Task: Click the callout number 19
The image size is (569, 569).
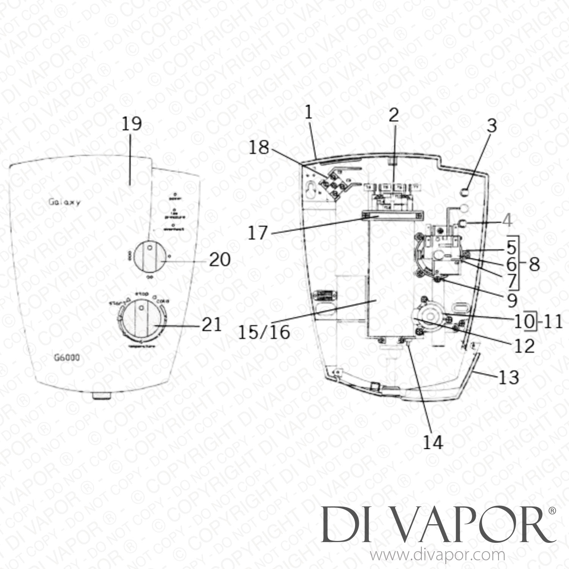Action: coord(131,124)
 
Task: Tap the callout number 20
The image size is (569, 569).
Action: coord(220,260)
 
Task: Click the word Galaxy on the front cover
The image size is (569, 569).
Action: coord(64,202)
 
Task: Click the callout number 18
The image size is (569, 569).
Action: coord(259,148)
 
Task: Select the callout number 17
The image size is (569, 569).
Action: coord(258,232)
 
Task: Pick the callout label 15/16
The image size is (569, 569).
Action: coord(264,332)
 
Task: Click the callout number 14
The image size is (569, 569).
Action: coord(433,442)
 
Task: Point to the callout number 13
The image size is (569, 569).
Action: coord(509,377)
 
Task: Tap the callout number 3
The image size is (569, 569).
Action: coord(492,126)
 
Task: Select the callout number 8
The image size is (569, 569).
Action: coord(534,264)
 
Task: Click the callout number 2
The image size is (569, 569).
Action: coord(394,115)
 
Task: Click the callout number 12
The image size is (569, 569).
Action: coord(524,346)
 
